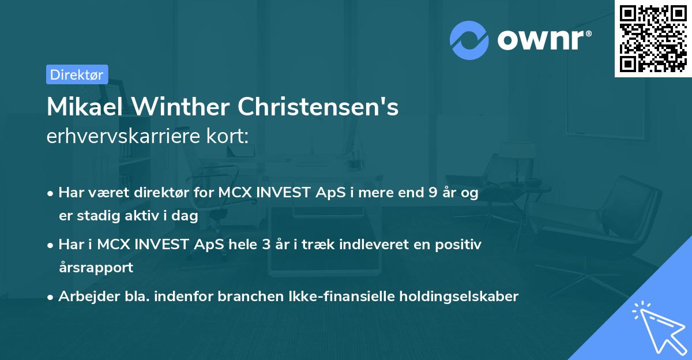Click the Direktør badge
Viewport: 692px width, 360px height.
77,74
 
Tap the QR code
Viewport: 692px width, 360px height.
653,39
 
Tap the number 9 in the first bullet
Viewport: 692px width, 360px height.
432,193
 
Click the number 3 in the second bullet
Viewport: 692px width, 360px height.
265,245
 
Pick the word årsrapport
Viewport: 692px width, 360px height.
96,267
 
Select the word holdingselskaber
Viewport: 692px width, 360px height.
458,297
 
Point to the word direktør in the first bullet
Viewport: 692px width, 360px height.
142,193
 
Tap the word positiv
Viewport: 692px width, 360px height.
460,245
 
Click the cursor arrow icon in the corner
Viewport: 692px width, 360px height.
657,325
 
